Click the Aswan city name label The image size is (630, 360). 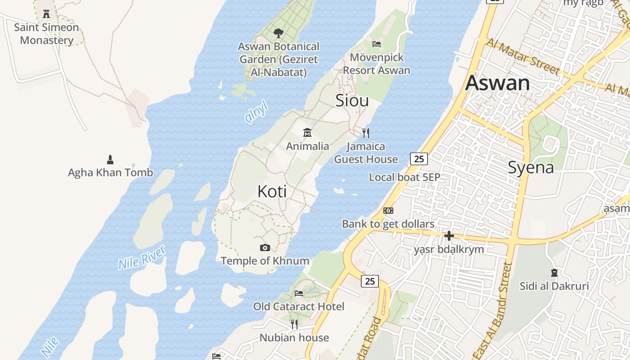(497, 83)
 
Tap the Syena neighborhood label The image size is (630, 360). (531, 167)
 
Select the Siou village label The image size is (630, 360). (352, 101)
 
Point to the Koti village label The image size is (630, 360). (272, 192)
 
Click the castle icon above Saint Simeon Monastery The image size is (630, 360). (46, 14)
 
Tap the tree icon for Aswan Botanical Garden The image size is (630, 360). (279, 33)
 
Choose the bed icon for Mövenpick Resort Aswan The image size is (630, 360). (377, 44)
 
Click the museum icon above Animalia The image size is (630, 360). (307, 132)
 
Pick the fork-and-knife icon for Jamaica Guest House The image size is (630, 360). (366, 133)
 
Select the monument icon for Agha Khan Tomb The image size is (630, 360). (110, 159)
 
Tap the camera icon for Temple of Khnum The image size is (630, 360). (265, 247)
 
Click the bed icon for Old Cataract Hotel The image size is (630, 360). (298, 293)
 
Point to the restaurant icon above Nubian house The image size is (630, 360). (294, 324)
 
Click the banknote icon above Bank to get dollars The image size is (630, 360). (388, 211)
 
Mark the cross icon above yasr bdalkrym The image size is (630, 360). (449, 236)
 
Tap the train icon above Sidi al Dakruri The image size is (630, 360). (554, 273)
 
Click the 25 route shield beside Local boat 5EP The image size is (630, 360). (418, 158)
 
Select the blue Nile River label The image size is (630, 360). (142, 257)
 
